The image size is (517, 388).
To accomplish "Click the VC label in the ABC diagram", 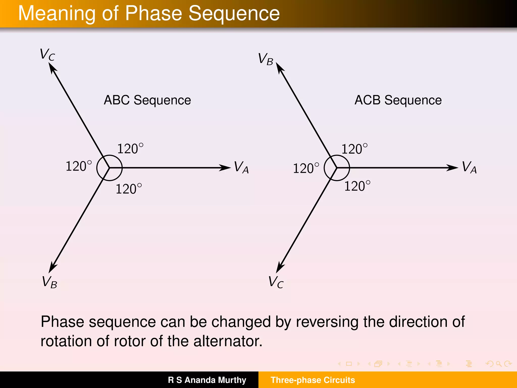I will tap(47, 54).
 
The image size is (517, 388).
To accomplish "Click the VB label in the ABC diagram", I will tap(49, 282).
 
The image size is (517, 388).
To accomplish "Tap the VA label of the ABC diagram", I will tap(241, 167).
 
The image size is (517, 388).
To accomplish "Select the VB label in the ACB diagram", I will tap(266, 59).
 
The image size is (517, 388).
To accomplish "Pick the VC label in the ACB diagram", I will tap(276, 282).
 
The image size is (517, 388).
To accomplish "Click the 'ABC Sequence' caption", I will tap(147, 100).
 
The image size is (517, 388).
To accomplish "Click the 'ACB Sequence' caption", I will tap(398, 100).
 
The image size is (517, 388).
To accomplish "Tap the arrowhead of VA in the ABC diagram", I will tap(225, 167).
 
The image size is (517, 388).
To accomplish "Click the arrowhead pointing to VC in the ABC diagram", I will tap(52, 68).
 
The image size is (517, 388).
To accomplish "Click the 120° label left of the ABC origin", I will tap(79, 166).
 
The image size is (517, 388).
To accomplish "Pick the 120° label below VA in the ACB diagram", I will tap(357, 186).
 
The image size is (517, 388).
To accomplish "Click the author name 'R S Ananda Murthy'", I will tap(207, 380).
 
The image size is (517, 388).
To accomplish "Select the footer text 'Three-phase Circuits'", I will tap(313, 380).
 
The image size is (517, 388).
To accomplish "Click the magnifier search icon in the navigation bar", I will tap(498, 364).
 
